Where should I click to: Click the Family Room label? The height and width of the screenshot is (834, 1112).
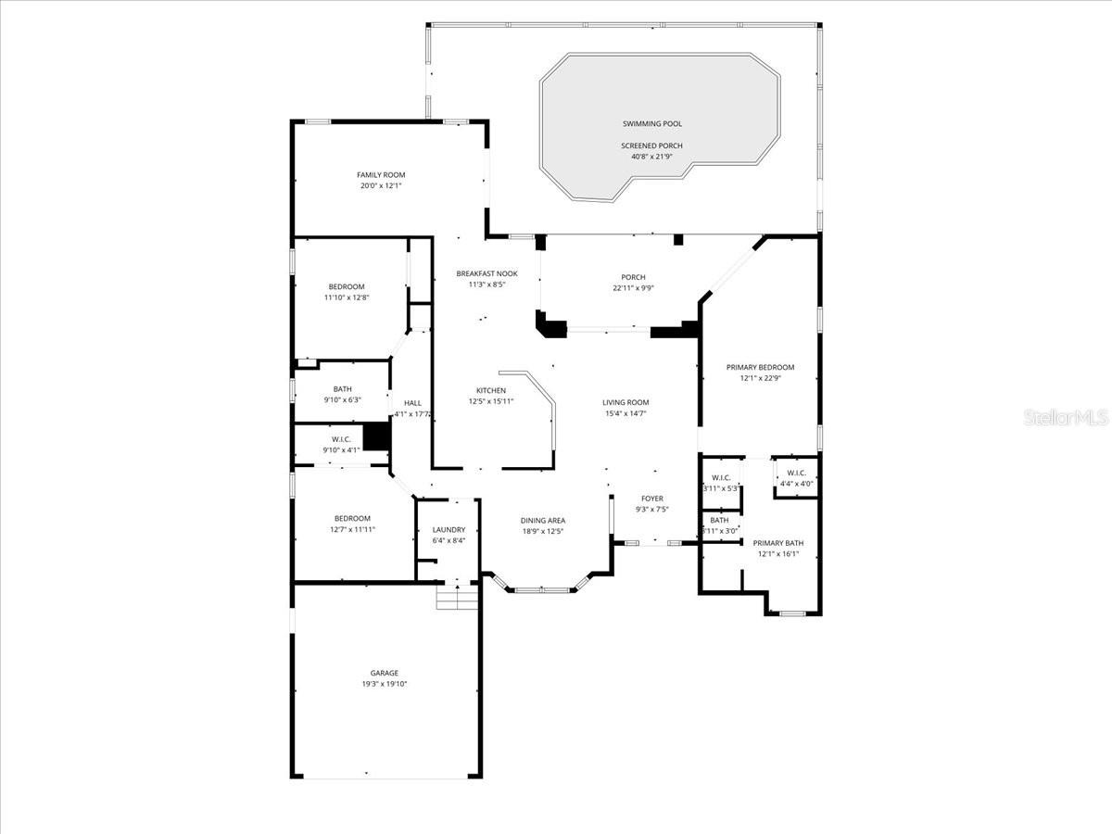[381, 175]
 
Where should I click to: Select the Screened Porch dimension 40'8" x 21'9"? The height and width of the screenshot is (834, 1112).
[652, 157]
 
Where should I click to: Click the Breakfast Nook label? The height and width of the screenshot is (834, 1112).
[486, 273]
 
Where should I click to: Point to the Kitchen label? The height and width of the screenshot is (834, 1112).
[491, 390]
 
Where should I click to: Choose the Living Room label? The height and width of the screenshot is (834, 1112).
[625, 402]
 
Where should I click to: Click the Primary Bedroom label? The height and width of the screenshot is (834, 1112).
[760, 367]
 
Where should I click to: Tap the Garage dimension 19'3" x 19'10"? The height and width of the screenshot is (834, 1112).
[384, 684]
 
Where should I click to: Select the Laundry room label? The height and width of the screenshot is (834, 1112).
[449, 530]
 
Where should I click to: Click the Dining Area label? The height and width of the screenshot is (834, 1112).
[543, 521]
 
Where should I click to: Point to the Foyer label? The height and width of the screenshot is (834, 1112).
[652, 499]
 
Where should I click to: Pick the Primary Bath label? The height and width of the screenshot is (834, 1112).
[778, 543]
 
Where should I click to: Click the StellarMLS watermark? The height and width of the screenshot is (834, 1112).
[1066, 418]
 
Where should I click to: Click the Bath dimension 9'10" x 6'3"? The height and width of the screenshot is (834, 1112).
[343, 400]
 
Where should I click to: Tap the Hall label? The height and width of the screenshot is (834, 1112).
[412, 402]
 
